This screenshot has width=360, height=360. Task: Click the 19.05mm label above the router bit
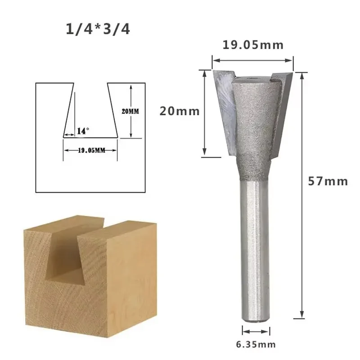click(253, 45)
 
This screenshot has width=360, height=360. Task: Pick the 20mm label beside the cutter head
click(180, 111)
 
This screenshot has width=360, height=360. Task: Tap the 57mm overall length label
click(328, 181)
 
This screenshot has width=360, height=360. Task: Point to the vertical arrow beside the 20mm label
click(205, 112)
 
